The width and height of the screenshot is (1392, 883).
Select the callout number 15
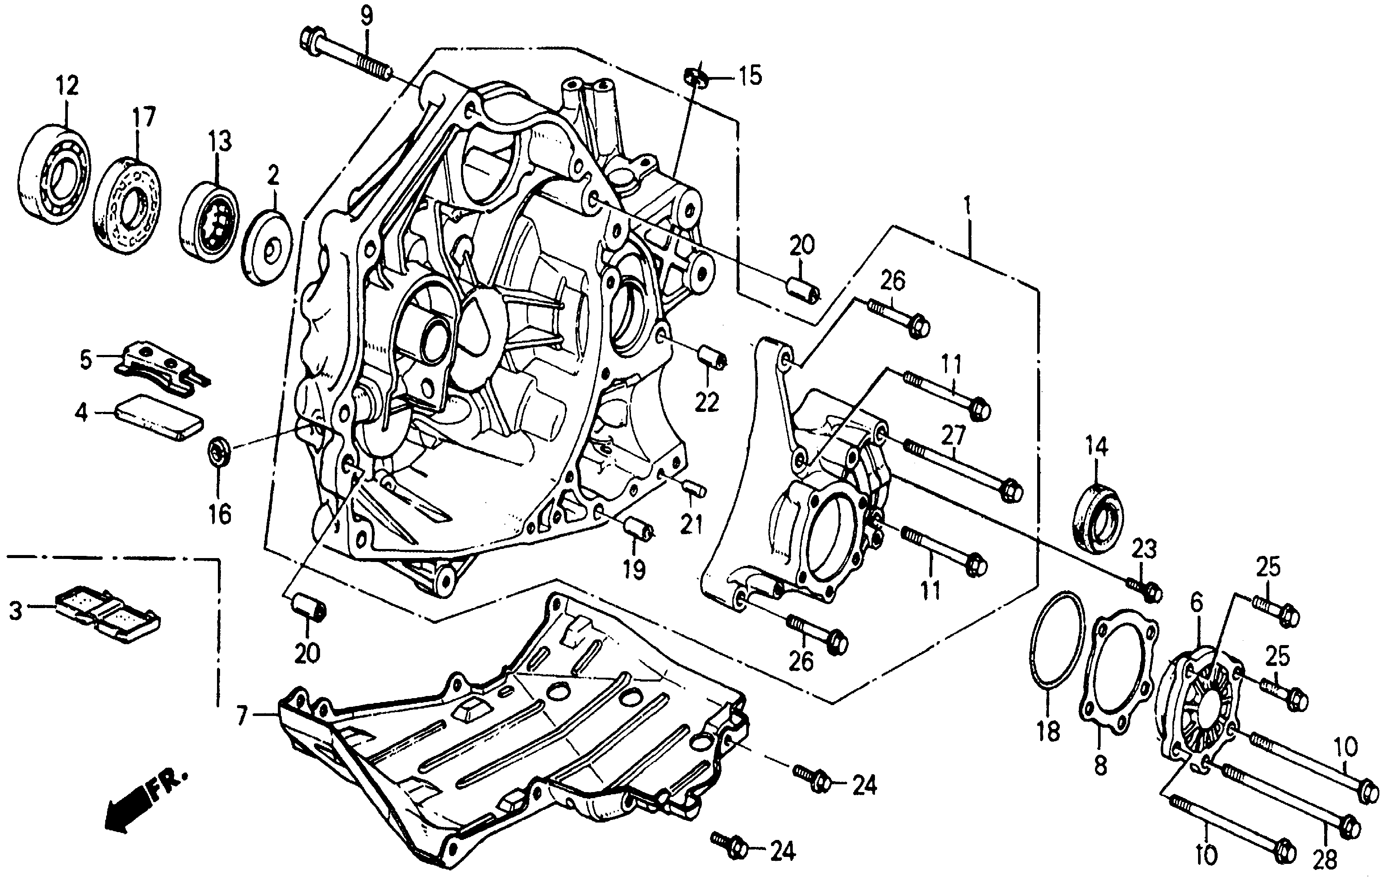point(750,76)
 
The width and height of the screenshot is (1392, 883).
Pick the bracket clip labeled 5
point(159,368)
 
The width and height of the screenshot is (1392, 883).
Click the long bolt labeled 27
point(962,471)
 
